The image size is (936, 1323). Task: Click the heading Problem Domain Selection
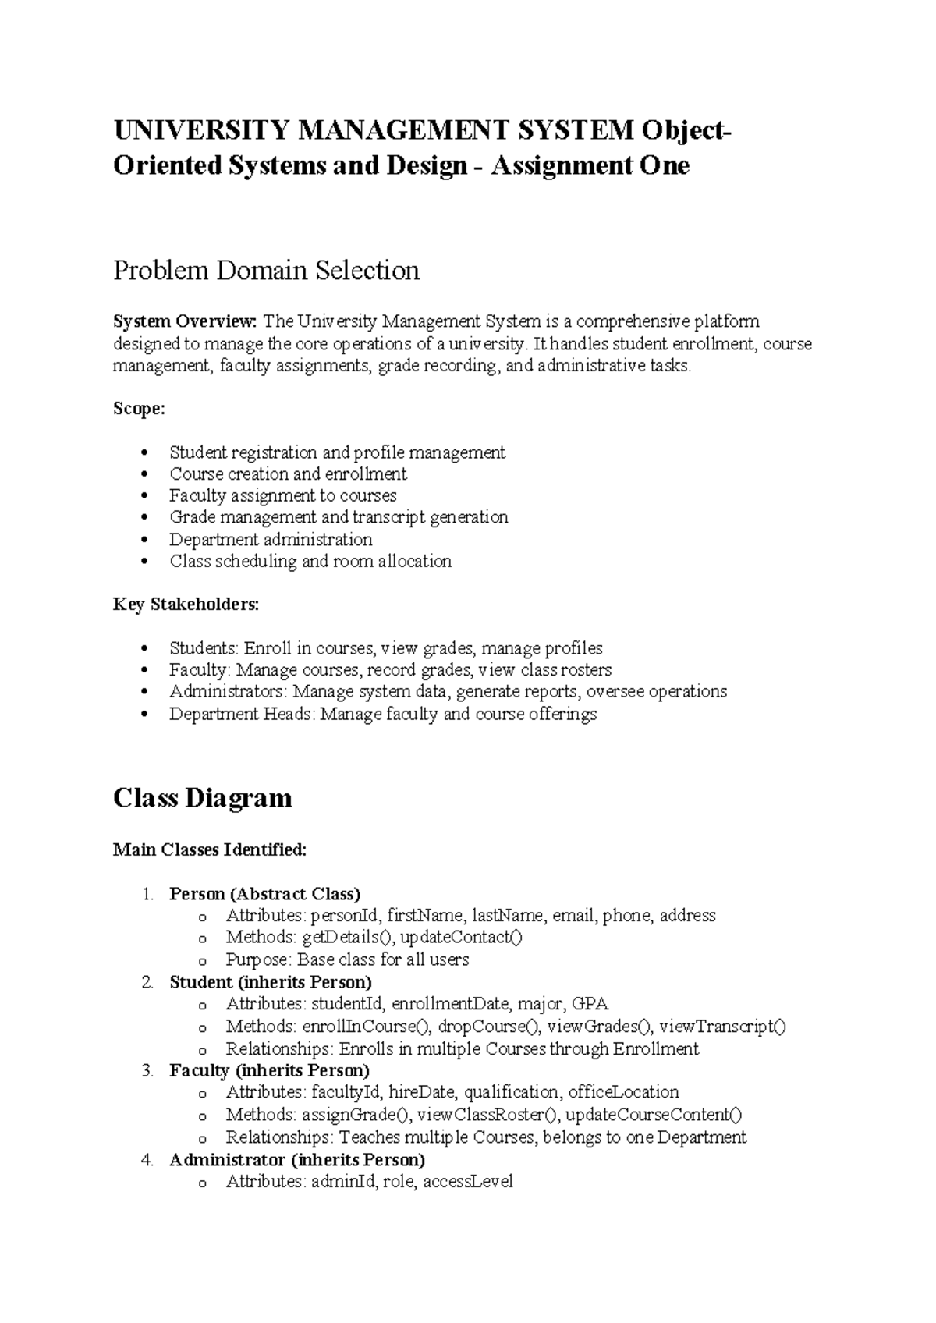[266, 271]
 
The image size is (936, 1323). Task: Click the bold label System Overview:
[185, 321]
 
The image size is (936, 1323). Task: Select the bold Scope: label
[139, 409]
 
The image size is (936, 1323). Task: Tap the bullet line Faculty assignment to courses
[282, 496]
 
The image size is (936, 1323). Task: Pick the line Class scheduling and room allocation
[310, 562]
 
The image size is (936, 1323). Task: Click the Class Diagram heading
[202, 798]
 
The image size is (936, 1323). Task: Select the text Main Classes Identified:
[210, 850]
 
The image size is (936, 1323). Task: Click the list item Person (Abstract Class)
[264, 894]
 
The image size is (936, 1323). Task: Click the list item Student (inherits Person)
[270, 982]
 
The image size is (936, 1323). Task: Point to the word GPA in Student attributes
[590, 1004]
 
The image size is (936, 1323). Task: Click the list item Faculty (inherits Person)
[269, 1070]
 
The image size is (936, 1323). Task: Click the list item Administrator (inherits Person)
[296, 1159]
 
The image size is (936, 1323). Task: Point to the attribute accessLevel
[468, 1182]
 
